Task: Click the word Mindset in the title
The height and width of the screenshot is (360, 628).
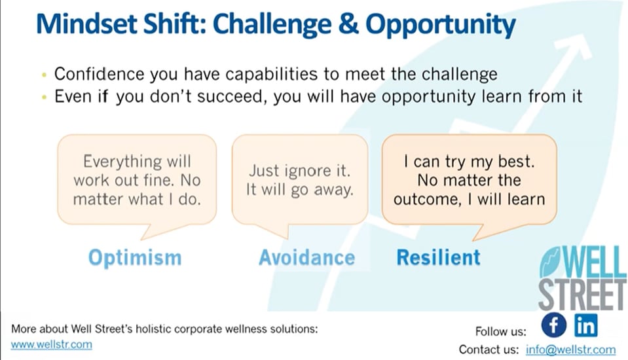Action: (x=86, y=24)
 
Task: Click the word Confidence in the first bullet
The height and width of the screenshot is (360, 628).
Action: (x=100, y=74)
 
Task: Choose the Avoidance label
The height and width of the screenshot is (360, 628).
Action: (x=306, y=257)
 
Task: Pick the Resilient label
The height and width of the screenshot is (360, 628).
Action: (x=438, y=257)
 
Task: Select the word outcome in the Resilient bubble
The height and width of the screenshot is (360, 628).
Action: (x=428, y=200)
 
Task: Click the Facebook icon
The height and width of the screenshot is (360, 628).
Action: (x=554, y=325)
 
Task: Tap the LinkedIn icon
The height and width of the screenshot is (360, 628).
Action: (x=586, y=325)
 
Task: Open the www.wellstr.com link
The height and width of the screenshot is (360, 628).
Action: (x=51, y=345)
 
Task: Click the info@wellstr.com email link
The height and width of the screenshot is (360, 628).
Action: (x=571, y=350)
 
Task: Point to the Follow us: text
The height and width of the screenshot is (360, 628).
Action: (x=501, y=332)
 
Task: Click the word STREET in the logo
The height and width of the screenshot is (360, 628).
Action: (x=582, y=295)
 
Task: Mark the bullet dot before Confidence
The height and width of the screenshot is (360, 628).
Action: (x=44, y=75)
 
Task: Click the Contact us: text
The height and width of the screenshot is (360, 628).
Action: (x=489, y=350)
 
